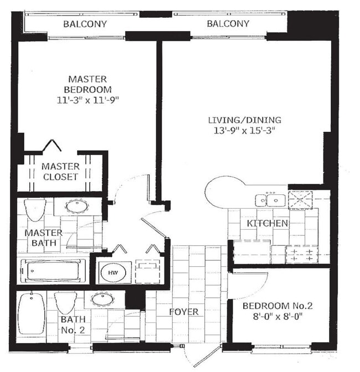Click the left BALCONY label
pyautogui.click(x=85, y=24)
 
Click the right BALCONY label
pyautogui.click(x=228, y=24)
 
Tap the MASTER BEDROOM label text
pyautogui.click(x=88, y=84)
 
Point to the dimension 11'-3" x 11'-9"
pyautogui.click(x=88, y=100)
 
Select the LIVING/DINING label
pyautogui.click(x=244, y=120)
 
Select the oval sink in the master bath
pyautogui.click(x=76, y=206)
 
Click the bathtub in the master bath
pyautogui.click(x=53, y=271)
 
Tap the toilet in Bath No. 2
pyautogui.click(x=65, y=303)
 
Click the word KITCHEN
pyautogui.click(x=267, y=224)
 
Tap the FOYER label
pyautogui.click(x=184, y=312)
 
